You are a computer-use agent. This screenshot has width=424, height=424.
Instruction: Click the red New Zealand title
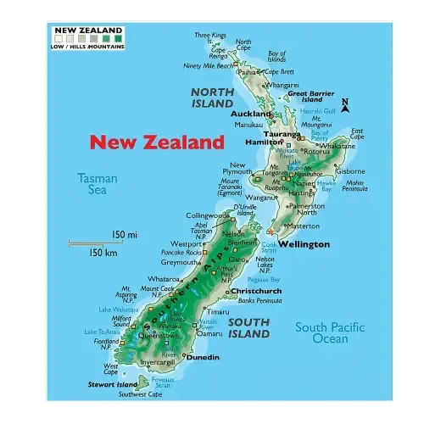(x=157, y=142)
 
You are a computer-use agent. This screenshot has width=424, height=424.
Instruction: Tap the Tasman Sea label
(x=97, y=184)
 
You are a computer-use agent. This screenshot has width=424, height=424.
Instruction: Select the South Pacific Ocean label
(x=330, y=332)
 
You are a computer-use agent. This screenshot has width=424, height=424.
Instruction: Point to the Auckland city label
(x=251, y=113)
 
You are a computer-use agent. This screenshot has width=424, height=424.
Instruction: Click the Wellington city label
(x=304, y=244)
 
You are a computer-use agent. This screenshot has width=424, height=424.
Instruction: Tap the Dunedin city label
(x=202, y=357)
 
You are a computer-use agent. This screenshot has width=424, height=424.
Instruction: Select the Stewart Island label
(x=113, y=384)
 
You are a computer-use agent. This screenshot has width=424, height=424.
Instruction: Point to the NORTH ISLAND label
(x=211, y=98)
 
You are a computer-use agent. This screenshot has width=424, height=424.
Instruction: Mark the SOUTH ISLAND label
(x=249, y=328)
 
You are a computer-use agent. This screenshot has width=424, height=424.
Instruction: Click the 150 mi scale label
(x=124, y=234)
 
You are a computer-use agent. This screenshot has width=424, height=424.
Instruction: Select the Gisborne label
(x=349, y=171)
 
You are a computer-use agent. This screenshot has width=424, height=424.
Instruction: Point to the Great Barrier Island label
(x=310, y=97)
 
